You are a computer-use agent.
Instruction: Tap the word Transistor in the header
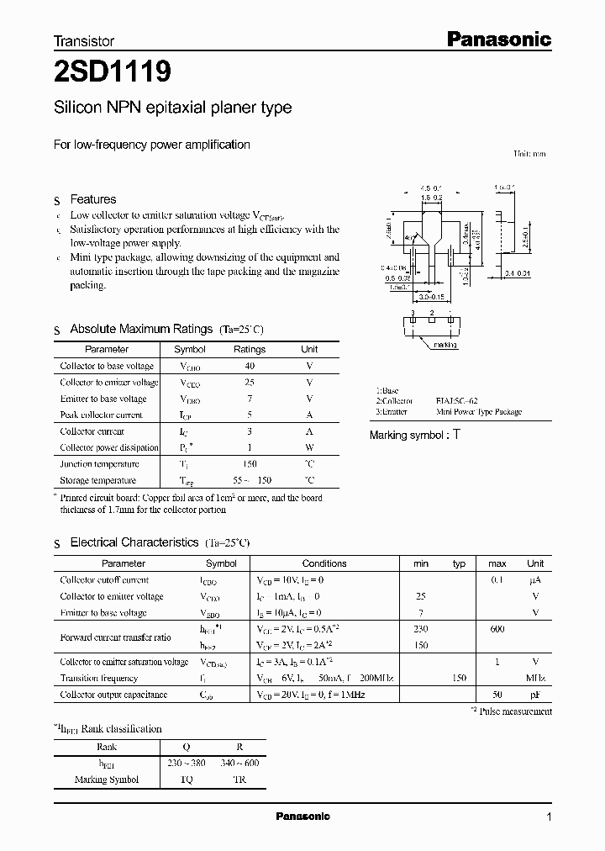[x=84, y=40]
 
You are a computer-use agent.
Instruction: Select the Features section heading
[x=92, y=199]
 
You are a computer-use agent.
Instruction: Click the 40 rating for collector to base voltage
[x=250, y=366]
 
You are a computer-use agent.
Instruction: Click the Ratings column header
[x=250, y=349]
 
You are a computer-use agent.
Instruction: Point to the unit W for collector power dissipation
[x=309, y=447]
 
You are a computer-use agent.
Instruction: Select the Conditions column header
[x=324, y=563]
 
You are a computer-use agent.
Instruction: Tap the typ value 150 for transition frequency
[x=459, y=678]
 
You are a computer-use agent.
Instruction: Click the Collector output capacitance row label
[x=113, y=695]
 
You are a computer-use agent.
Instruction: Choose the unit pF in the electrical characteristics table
[x=535, y=695]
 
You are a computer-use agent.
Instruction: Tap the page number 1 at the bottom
[x=549, y=817]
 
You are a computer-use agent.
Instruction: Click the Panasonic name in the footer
[x=302, y=817]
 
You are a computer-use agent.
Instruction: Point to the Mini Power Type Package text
[x=478, y=412]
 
